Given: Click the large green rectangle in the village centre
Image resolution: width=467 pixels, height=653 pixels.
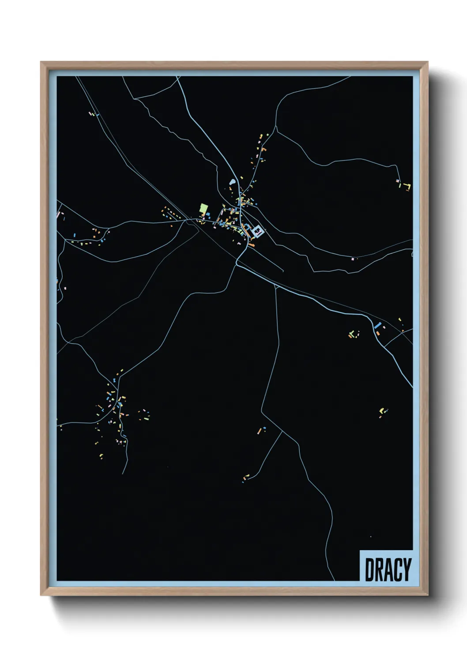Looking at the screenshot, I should click(x=203, y=208).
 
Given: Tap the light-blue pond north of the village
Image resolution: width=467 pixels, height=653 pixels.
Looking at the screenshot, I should click(x=232, y=181).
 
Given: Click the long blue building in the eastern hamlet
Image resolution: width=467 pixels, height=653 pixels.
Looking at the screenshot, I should click(x=377, y=325).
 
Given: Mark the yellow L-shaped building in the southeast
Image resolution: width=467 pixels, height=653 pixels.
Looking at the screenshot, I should click(x=381, y=411).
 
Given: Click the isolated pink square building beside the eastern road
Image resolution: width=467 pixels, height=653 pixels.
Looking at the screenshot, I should click(x=353, y=259).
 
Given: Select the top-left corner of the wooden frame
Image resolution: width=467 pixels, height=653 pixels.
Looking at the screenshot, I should click(x=41, y=62).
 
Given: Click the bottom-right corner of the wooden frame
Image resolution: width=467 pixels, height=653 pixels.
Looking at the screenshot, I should click(x=427, y=595).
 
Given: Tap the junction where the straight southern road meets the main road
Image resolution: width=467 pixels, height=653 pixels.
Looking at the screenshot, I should click(x=275, y=286).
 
